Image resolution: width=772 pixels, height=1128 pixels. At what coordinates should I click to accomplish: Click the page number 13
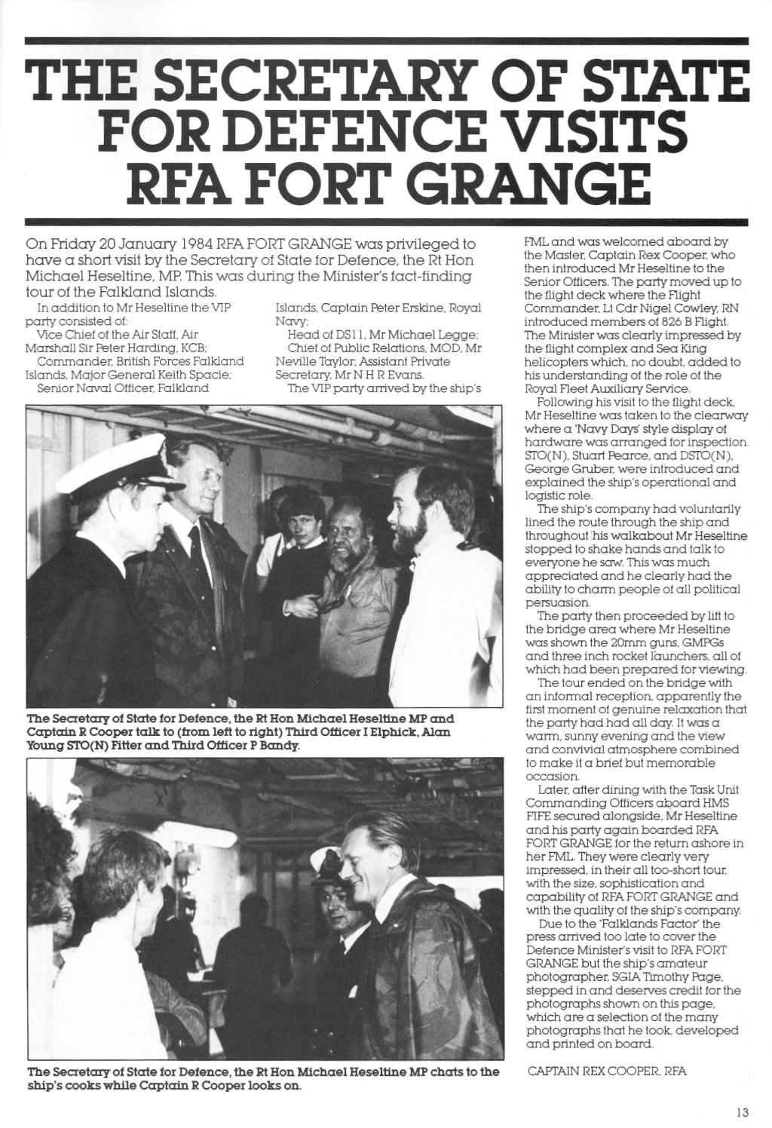coord(743,1111)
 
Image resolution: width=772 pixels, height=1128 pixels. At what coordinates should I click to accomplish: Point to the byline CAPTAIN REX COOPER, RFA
coord(607,1071)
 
